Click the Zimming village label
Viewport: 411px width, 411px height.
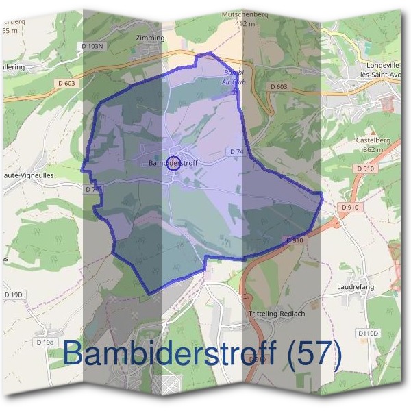(151, 38)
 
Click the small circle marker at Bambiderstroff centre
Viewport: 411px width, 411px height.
(173, 162)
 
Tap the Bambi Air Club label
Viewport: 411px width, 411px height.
(234, 77)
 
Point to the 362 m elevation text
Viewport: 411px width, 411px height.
(373, 149)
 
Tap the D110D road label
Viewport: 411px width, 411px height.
(368, 333)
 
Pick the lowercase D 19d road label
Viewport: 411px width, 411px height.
(45, 342)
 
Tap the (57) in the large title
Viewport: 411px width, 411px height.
(313, 353)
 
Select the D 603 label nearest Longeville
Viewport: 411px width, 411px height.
(278, 86)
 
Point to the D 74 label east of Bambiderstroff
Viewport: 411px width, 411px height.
(236, 151)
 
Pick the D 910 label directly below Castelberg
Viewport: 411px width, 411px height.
(366, 168)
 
